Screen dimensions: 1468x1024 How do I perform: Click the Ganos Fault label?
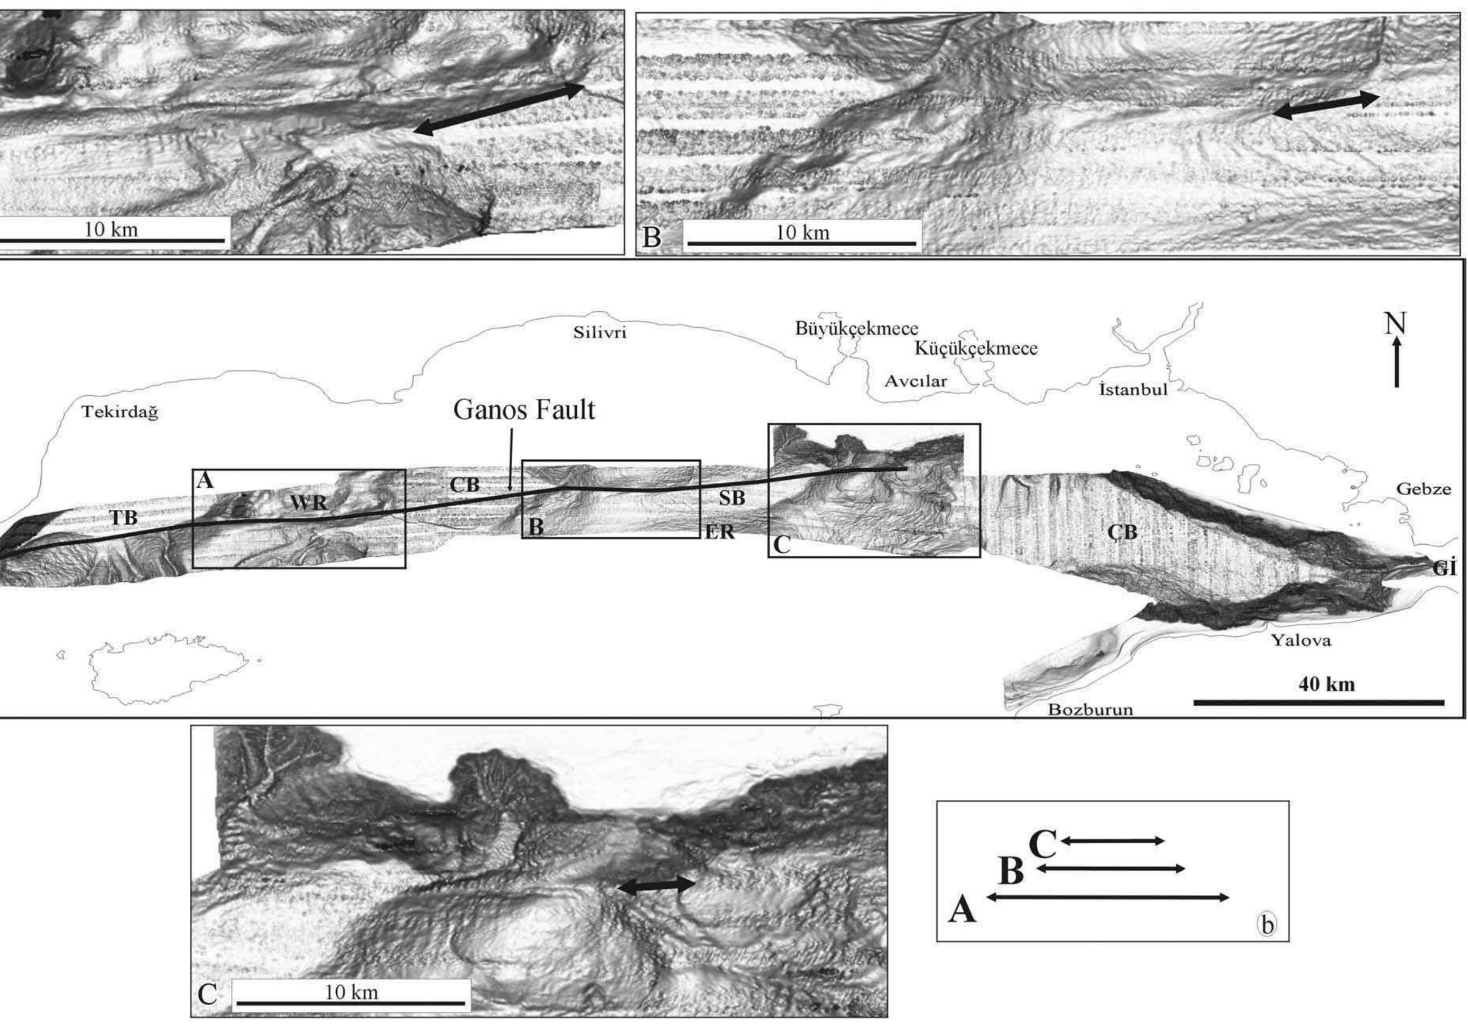pos(524,409)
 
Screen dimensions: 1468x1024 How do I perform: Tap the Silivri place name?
pos(600,333)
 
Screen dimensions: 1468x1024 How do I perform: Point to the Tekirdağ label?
pos(120,413)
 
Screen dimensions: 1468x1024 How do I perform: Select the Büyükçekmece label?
pos(857,329)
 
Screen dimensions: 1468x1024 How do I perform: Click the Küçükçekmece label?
pos(976,349)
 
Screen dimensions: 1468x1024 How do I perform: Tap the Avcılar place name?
pos(916,381)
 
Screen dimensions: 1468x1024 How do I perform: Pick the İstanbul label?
pos(1133,389)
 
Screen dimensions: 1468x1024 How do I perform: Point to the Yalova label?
pos(1301,640)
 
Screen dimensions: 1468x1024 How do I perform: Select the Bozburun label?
pos(1090,710)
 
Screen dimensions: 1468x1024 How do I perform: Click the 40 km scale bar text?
pos(1327,685)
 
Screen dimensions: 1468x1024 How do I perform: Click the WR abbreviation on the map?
pos(309,503)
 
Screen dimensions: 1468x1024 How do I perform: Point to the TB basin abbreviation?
pos(124,518)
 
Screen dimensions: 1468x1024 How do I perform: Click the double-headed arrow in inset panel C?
pos(656,885)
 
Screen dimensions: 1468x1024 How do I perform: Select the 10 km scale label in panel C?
pos(351,993)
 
